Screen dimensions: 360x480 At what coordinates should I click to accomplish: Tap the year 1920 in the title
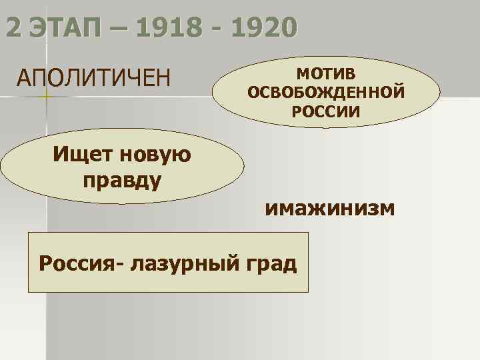click(256, 29)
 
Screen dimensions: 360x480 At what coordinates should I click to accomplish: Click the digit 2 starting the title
click(13, 29)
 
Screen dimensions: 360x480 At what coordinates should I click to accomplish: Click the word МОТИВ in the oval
click(326, 71)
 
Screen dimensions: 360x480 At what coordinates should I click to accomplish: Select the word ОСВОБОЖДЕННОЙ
click(326, 91)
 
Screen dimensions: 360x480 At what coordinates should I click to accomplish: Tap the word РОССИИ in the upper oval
click(326, 111)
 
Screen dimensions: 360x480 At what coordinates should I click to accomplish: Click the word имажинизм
click(331, 208)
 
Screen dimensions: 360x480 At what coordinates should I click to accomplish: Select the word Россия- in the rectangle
click(81, 263)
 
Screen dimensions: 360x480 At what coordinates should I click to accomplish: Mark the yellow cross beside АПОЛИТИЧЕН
click(45, 99)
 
